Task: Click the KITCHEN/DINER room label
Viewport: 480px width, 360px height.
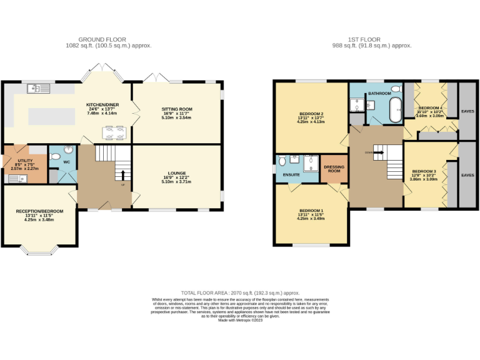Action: [x=104, y=105]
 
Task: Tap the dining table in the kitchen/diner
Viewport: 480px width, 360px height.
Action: [x=113, y=133]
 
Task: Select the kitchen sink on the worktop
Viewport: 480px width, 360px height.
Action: [x=38, y=89]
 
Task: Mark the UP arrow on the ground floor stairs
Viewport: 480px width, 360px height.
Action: [x=122, y=176]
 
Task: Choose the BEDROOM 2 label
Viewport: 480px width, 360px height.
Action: [x=311, y=113]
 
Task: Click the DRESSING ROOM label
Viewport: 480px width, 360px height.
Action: [x=334, y=168]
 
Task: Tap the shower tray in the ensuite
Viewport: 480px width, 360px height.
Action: [x=311, y=164]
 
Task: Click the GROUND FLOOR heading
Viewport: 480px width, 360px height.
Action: [x=109, y=39]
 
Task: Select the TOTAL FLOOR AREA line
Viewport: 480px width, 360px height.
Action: [x=240, y=292]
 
